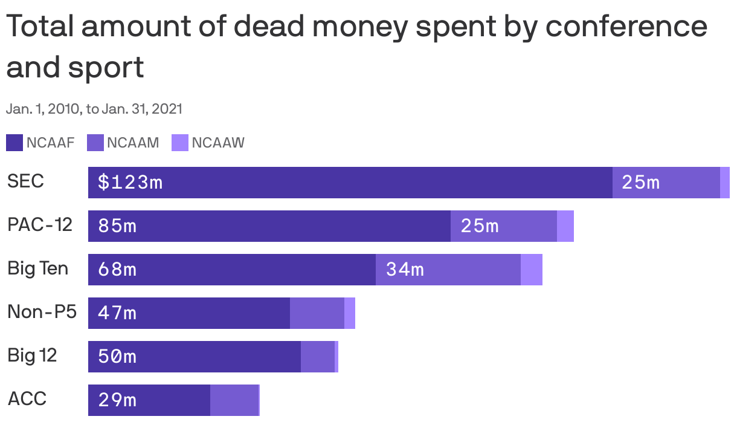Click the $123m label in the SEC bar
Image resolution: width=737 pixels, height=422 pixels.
coord(130,182)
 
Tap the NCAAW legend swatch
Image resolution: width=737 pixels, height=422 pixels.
coord(180,143)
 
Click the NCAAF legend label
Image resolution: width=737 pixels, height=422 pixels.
coord(50,143)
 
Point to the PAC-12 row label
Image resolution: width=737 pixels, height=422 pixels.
coord(40,225)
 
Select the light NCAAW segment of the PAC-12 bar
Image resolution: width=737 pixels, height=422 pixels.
coord(565,226)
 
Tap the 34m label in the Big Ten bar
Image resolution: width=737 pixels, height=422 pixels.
coord(405,270)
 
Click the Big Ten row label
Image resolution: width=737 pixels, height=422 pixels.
coord(37,268)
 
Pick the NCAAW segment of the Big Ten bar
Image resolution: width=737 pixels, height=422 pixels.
coord(531,270)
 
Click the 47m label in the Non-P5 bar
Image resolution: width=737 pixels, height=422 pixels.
coord(117,313)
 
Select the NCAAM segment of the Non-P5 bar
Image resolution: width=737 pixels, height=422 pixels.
coord(317,313)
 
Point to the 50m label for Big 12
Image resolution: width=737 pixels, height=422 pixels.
coord(117,357)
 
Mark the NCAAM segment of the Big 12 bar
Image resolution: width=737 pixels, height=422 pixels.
coord(317,357)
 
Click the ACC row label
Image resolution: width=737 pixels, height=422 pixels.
coord(27,399)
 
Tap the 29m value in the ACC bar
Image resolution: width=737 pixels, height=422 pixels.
coord(117,400)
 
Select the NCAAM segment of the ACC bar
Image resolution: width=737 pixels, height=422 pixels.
coord(234,400)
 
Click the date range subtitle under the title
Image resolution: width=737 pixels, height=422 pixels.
coord(94,109)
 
